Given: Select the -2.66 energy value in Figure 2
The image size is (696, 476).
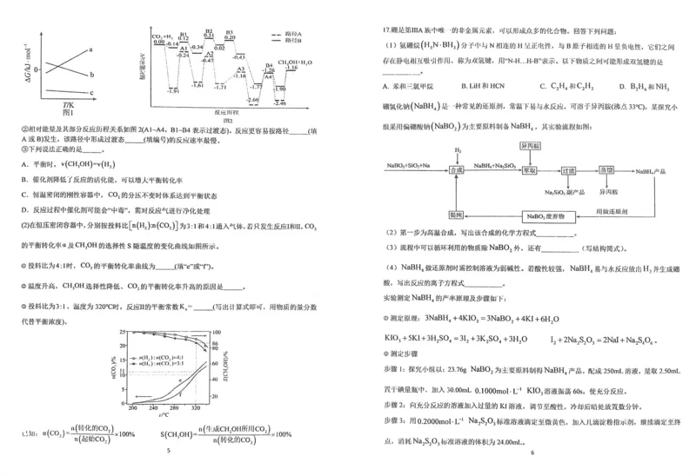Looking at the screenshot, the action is click(x=251, y=101).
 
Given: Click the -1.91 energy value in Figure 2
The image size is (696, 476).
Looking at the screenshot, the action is click(x=173, y=90).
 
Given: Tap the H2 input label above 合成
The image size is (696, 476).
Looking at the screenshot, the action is click(x=458, y=149).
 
